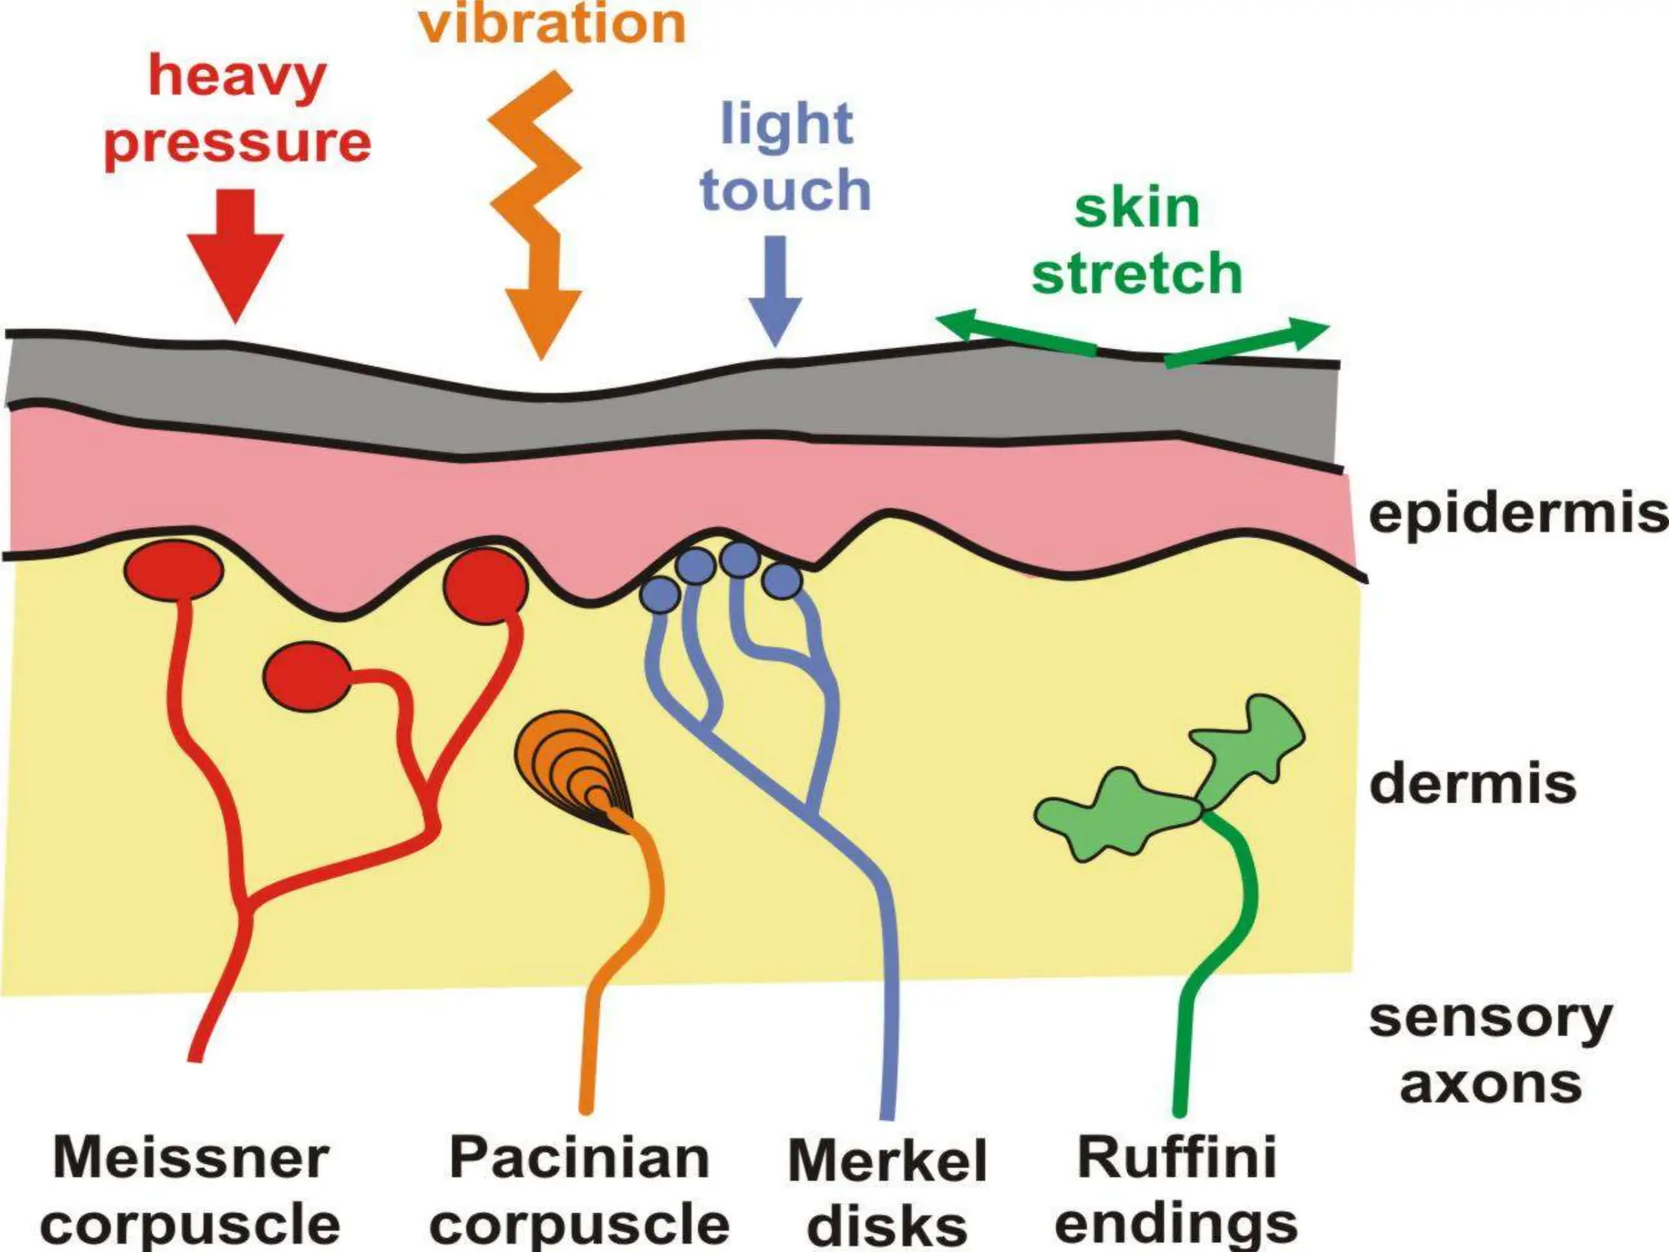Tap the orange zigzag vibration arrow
pos(539,212)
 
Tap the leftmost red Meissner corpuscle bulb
pos(174,570)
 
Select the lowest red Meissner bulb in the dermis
pos(306,677)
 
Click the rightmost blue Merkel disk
pos(783,580)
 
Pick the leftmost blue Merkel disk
pos(660,595)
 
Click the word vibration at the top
pos(553,24)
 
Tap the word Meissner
pos(192,1157)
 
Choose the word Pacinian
pos(579,1157)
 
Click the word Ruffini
pos(1177,1157)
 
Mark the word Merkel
pos(887,1161)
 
